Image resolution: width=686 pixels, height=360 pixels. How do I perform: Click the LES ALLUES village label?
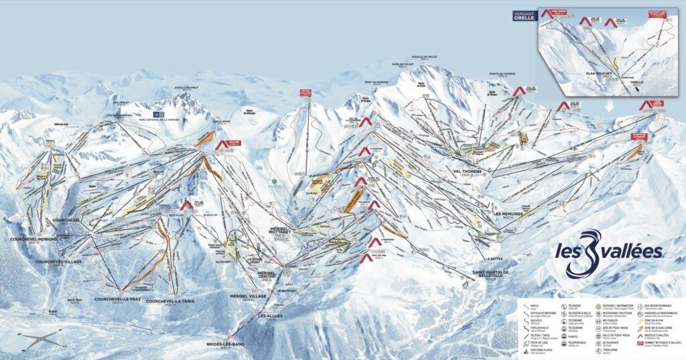[271, 316]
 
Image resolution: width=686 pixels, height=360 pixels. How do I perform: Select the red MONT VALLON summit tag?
[306, 94]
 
